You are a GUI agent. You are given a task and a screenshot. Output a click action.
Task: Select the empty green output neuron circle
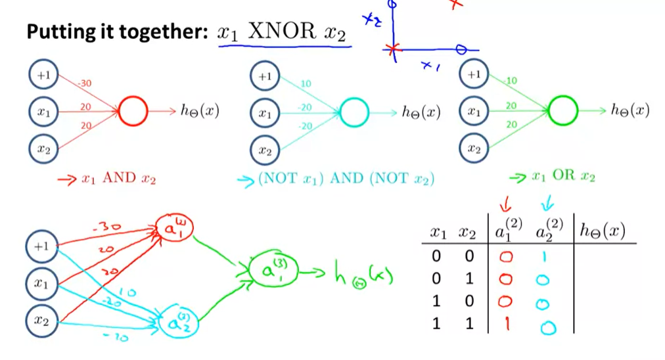tap(562, 112)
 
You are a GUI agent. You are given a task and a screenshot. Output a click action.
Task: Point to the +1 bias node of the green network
tap(474, 75)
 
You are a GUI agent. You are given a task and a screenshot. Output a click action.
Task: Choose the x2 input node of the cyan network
tap(264, 151)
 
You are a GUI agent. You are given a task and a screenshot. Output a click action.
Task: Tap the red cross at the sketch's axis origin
tap(393, 49)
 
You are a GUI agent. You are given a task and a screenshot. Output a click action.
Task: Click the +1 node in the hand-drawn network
tap(43, 247)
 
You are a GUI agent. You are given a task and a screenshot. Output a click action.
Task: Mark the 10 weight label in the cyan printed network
tap(305, 84)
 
